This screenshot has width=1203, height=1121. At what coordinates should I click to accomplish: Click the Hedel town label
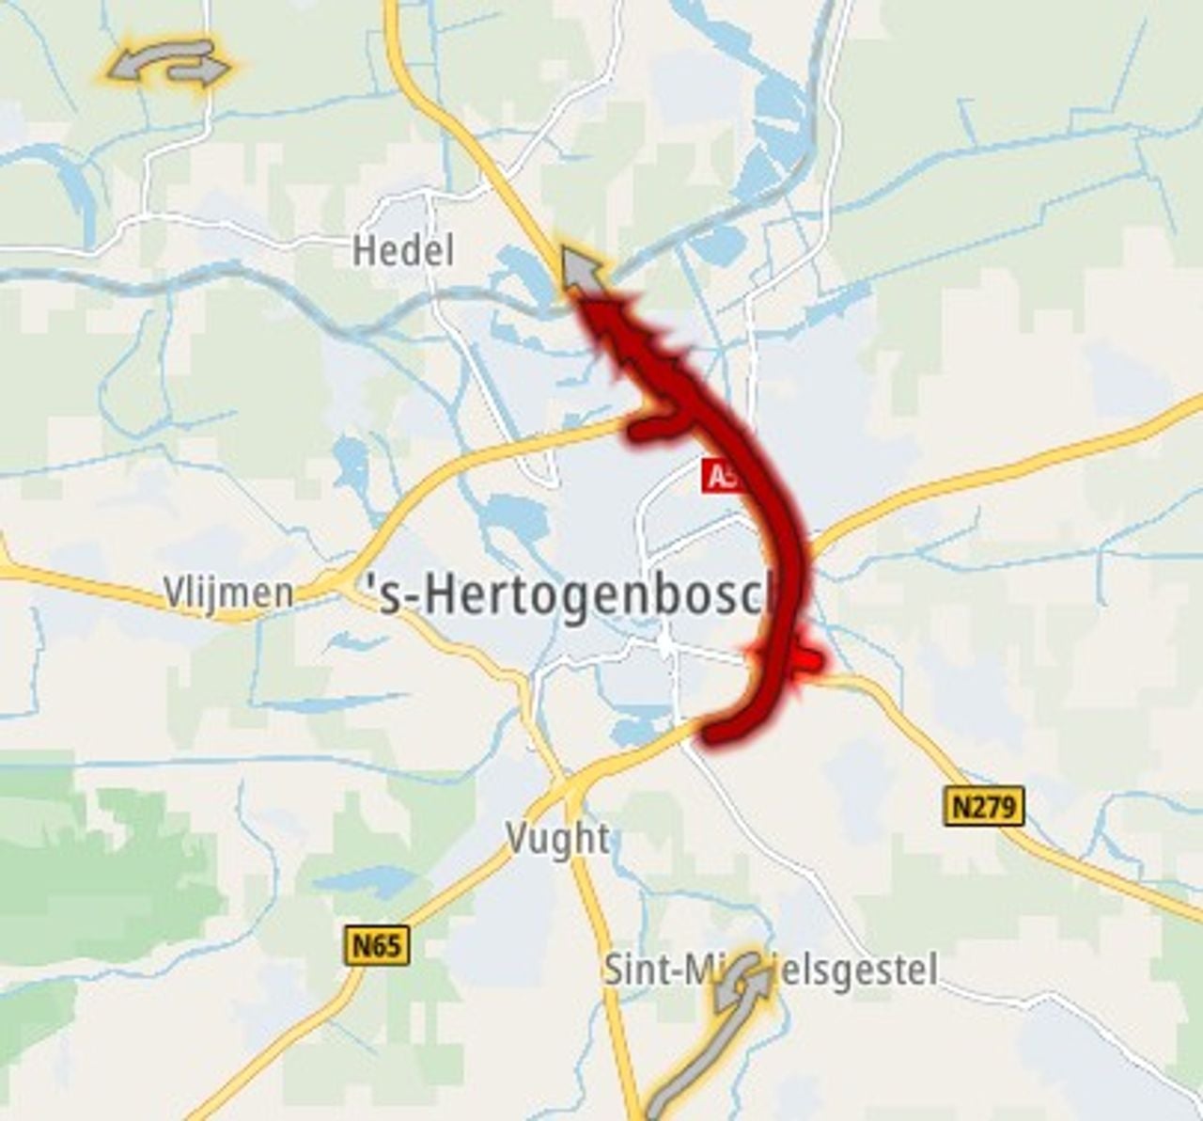(x=402, y=251)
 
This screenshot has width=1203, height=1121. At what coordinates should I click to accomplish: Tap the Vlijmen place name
(x=228, y=593)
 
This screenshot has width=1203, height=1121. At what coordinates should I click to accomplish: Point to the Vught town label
(x=557, y=838)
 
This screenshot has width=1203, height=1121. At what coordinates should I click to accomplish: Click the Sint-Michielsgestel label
(x=770, y=970)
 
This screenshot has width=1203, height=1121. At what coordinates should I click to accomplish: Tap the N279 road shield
(x=983, y=807)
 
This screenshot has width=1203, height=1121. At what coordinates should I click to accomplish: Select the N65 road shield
(x=378, y=944)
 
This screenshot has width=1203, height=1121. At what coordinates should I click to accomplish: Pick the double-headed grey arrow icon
(x=169, y=63)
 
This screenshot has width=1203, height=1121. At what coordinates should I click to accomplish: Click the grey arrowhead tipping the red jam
(x=581, y=268)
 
